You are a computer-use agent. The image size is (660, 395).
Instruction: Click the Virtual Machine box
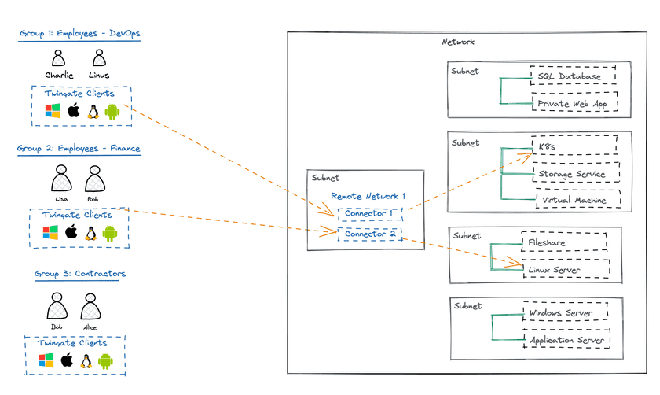pyautogui.click(x=577, y=200)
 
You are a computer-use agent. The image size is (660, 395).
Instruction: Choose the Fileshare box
pyautogui.click(x=563, y=243)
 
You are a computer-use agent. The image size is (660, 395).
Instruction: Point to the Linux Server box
pyautogui.click(x=565, y=270)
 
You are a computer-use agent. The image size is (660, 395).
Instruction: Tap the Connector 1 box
pyautogui.click(x=370, y=213)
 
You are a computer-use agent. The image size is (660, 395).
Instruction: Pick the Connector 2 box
pyautogui.click(x=370, y=234)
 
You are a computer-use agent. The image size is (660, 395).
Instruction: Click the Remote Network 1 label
pyautogui.click(x=368, y=195)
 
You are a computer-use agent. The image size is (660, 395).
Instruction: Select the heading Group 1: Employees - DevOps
pyautogui.click(x=79, y=34)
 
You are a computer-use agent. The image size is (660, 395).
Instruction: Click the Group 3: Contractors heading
pyautogui.click(x=80, y=274)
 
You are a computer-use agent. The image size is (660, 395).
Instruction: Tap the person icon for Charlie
pyautogui.click(x=59, y=57)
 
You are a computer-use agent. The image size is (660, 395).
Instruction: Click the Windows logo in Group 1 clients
pyautogui.click(x=53, y=111)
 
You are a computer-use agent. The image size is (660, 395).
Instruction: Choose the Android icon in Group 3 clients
pyautogui.click(x=106, y=361)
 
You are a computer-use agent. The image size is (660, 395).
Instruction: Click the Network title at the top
pyautogui.click(x=458, y=42)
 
